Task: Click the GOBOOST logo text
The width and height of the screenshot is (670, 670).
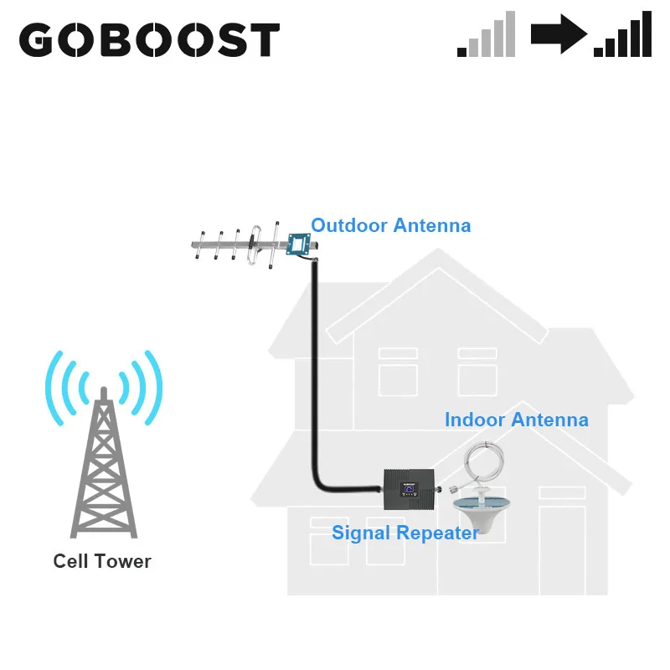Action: click(x=149, y=39)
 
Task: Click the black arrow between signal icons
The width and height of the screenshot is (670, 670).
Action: click(x=559, y=36)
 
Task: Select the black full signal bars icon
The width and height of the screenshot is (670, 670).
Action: click(x=623, y=36)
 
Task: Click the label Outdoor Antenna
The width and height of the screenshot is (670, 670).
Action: click(x=390, y=225)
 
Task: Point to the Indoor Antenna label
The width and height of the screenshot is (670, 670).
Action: click(x=516, y=420)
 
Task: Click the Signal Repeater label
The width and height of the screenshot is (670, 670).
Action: click(x=405, y=533)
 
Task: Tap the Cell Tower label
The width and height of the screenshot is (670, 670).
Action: click(x=102, y=561)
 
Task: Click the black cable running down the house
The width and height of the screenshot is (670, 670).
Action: click(x=315, y=377)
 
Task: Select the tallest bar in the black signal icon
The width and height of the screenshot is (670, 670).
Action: click(x=646, y=34)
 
